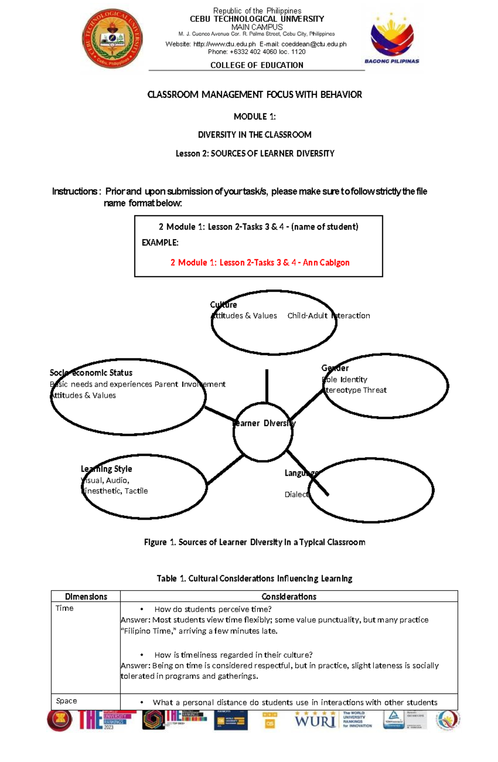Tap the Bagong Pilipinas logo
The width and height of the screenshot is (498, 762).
point(392,39)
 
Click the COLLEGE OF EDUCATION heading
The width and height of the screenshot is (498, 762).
point(256,65)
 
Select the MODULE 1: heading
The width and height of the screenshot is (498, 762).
point(254,117)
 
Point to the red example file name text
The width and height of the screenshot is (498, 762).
point(260,262)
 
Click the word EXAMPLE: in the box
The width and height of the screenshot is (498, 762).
point(160,243)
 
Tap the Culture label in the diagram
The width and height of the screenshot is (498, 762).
point(223,305)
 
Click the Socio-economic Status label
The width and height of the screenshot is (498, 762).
point(91,373)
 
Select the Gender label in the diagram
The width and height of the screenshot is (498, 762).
point(334,368)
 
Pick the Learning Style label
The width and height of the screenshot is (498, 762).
point(106,469)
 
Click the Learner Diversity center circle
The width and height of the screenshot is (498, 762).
point(263,432)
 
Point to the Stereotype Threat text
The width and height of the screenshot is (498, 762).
point(355,390)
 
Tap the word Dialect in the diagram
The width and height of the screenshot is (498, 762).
point(297,494)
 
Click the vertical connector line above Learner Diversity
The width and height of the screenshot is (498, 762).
point(266,385)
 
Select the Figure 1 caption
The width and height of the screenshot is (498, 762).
point(254,542)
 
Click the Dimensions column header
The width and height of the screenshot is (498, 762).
point(86,597)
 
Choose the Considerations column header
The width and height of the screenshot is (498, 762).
point(289,597)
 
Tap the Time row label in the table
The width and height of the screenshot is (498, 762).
point(64,608)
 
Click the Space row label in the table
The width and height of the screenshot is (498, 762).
point(66,701)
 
